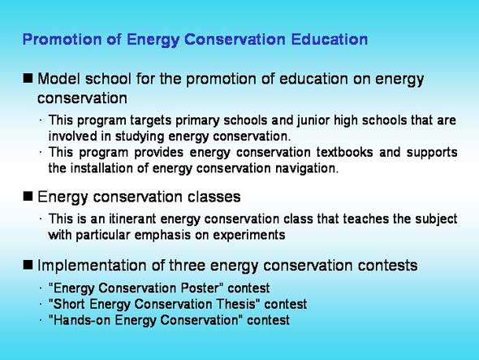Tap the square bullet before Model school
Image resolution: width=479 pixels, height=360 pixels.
coord(28,78)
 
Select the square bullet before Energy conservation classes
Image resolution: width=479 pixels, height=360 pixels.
coord(28,196)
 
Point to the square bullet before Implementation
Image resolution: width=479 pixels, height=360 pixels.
coord(28,265)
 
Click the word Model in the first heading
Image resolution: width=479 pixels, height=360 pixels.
coord(58,79)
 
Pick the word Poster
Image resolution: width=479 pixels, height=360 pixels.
coord(200,288)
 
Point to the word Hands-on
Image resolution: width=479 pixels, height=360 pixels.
coord(81,320)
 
